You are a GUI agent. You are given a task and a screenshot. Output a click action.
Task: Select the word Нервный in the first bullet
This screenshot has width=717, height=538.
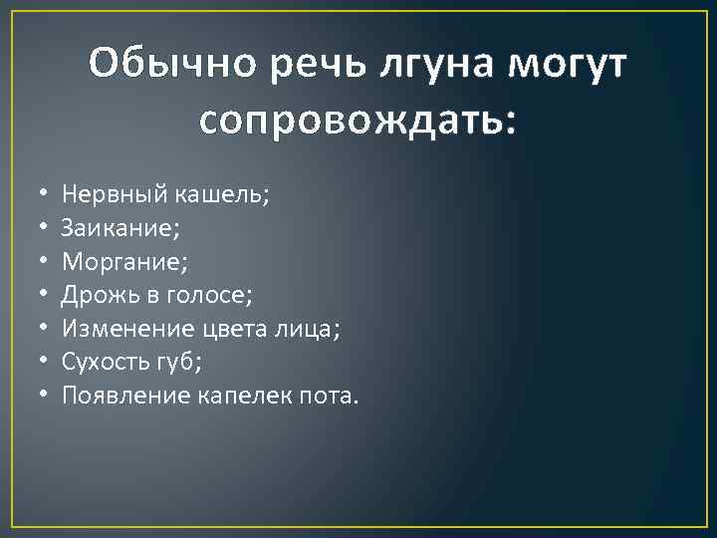(103, 193)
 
